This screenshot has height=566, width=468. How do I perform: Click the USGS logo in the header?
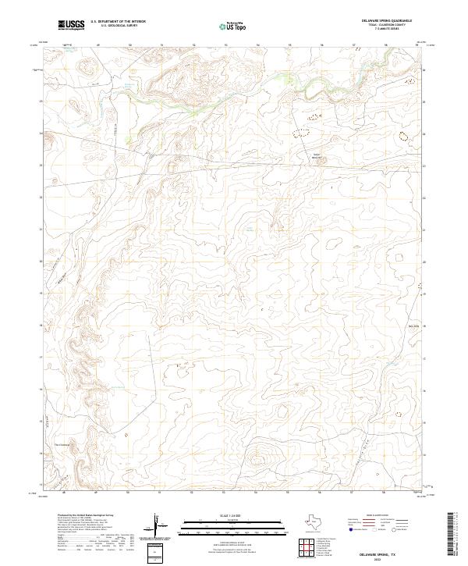[71, 25]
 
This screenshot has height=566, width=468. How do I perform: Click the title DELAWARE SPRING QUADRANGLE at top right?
[387, 21]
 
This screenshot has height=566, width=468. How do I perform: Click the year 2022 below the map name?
[388, 557]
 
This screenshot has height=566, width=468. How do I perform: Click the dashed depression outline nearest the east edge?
[404, 135]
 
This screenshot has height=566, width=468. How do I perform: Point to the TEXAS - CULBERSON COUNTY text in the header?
[387, 26]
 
